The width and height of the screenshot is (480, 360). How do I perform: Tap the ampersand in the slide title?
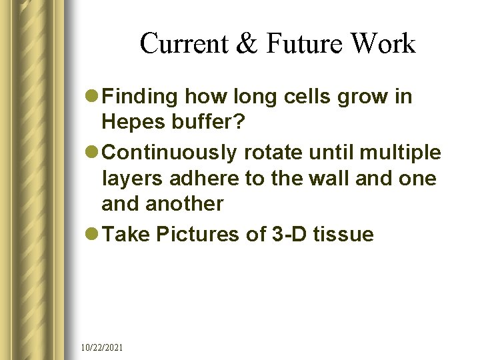point(247,44)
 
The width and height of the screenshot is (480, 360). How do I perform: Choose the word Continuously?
point(170,153)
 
